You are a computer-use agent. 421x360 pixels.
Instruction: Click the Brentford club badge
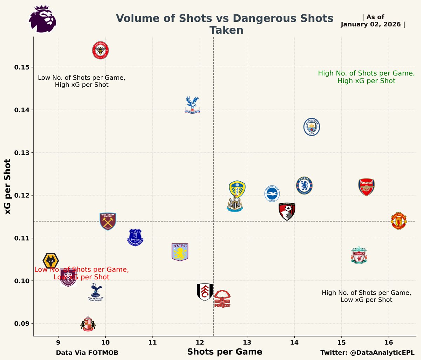(x=100, y=50)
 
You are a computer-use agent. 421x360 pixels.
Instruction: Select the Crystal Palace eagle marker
(x=192, y=105)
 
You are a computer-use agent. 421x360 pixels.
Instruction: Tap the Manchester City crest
(x=312, y=127)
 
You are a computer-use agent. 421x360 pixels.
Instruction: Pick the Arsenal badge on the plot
(x=367, y=187)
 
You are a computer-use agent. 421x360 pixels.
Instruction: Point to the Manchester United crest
(x=399, y=221)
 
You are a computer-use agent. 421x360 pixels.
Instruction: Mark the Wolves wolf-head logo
(x=51, y=261)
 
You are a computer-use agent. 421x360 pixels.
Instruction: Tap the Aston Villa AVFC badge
(x=180, y=252)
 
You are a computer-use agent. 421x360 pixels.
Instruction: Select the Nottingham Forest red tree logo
(x=222, y=299)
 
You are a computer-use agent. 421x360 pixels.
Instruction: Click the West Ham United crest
(x=108, y=221)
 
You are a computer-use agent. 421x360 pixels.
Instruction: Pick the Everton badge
(x=135, y=237)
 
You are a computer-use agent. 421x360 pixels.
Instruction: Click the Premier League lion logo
(x=42, y=19)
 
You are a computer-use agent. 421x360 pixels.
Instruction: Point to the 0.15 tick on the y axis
(x=21, y=67)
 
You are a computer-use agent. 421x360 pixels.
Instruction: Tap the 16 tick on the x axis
(x=389, y=342)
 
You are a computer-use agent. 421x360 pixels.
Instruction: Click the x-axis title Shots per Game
(x=225, y=352)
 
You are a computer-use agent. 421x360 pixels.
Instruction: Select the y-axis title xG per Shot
(x=8, y=187)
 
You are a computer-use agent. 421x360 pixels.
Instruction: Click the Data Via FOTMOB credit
(x=87, y=353)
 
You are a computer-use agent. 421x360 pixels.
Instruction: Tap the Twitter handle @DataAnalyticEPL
(x=367, y=353)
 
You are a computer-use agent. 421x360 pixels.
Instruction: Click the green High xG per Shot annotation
(x=366, y=77)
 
